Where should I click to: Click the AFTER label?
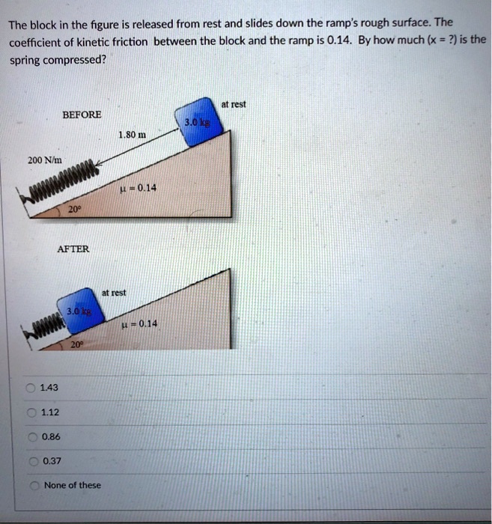(x=73, y=249)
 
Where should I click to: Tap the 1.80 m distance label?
(x=132, y=135)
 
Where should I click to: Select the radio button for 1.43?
(x=31, y=387)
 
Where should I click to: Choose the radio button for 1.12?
(x=31, y=412)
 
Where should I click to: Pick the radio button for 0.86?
(x=31, y=436)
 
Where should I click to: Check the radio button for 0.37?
(x=31, y=460)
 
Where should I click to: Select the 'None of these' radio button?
(x=31, y=485)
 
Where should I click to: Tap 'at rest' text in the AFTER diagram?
(x=114, y=293)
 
